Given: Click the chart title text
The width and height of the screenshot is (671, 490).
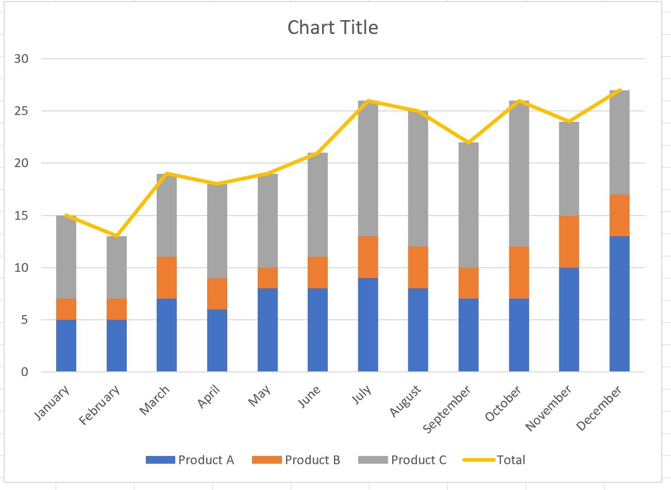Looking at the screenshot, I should pos(332,27).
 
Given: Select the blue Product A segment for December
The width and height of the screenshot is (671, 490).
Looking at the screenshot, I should pos(619,304).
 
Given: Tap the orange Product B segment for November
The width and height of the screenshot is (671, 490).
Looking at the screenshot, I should pos(568,241).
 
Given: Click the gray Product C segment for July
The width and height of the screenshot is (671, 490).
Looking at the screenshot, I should pos(367,169).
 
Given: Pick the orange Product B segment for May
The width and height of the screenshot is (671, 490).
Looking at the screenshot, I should pos(267,278).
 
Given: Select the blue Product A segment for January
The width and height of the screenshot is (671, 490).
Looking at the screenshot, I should pos(66,346).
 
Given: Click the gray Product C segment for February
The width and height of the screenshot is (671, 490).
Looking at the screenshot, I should pos(116,267).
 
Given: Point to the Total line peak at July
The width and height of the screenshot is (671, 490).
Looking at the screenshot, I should pos(367,101).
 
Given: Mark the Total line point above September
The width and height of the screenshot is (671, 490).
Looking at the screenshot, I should pos(468,142).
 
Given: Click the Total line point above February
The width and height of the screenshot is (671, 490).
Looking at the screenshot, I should pos(116,236).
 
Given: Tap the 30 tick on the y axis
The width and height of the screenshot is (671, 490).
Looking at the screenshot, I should pos(22,59).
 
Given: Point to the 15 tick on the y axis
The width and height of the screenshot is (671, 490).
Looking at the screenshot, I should pos(22,216).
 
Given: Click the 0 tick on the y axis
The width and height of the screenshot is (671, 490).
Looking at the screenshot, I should pos(25,372).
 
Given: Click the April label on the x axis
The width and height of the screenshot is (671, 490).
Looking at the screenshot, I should pos(209,397).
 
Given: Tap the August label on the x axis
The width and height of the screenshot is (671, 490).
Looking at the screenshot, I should pos(406,401).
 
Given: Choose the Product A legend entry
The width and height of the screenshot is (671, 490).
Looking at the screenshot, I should pos(190,460).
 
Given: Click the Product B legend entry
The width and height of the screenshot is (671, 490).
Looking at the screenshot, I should pos(296,460).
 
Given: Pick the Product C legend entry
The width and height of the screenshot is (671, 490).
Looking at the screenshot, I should pos(402,460).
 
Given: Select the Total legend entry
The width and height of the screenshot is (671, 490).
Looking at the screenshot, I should pos(494,460).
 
